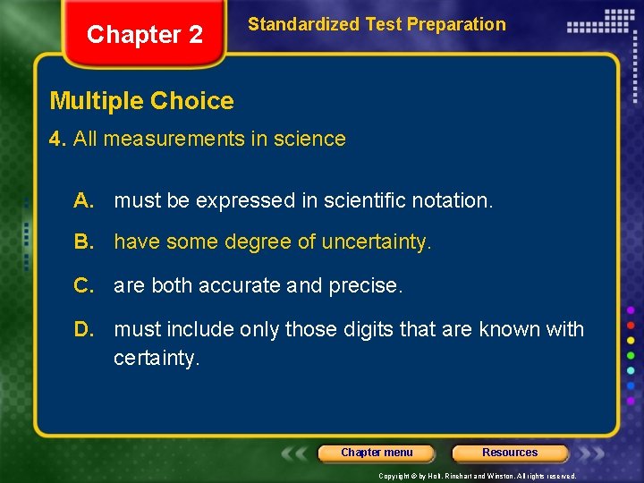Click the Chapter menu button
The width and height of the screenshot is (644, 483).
(377, 453)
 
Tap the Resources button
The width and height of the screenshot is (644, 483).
(510, 453)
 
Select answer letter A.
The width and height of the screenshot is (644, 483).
(84, 200)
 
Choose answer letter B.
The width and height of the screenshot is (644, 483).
(84, 241)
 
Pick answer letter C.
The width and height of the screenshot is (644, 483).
(84, 285)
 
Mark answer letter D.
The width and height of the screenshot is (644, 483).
(84, 329)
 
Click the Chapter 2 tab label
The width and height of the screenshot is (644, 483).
(145, 35)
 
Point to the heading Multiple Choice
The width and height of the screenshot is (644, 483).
(141, 101)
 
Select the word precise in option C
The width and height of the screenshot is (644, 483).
(366, 285)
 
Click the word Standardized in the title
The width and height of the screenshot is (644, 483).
(303, 24)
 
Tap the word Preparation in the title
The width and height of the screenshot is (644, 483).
(456, 24)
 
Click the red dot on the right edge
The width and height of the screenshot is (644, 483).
(631, 325)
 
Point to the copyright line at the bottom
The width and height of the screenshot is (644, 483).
(478, 476)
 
